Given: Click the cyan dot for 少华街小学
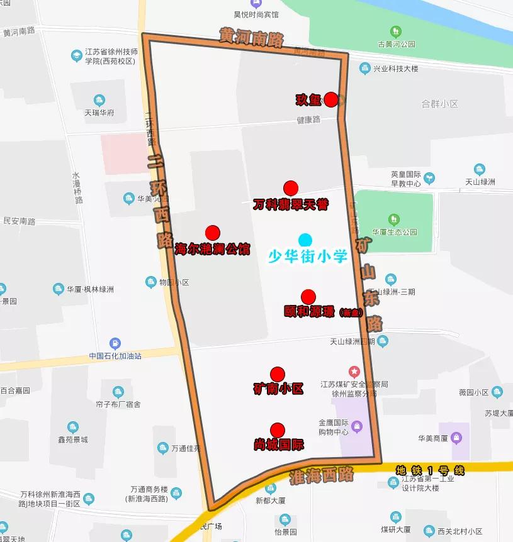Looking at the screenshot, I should [x=305, y=240].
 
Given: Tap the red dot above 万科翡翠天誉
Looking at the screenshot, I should [x=290, y=188].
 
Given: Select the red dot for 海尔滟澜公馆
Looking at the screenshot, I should [x=212, y=233].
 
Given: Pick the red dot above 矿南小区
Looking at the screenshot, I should [x=278, y=374].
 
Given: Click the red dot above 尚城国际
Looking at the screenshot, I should [x=278, y=430].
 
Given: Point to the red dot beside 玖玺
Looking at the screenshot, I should [x=330, y=100].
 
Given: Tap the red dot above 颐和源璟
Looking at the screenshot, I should [x=308, y=297].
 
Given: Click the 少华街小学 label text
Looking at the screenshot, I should [x=308, y=256].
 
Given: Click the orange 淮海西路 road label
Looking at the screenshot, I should [x=322, y=475].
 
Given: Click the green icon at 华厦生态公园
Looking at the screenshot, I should [x=394, y=219].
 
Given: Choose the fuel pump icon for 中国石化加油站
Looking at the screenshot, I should [x=115, y=343].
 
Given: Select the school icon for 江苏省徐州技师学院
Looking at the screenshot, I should [x=77, y=56].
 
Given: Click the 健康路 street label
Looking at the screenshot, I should [x=309, y=119].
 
